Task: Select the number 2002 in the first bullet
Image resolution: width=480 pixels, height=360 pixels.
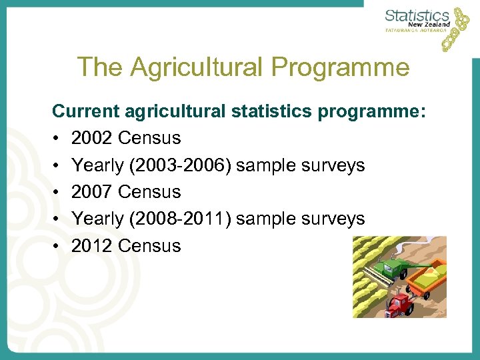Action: [92, 138]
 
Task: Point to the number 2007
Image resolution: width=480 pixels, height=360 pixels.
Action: [92, 192]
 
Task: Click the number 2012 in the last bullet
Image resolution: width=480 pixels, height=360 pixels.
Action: [92, 246]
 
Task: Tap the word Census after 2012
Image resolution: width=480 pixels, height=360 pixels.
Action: [149, 246]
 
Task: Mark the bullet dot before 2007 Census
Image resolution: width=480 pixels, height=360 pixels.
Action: [57, 192]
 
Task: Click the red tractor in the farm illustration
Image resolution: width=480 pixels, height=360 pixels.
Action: [400, 304]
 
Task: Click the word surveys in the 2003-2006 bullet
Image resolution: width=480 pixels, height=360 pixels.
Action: [333, 165]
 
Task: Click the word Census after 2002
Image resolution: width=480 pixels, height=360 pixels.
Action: [149, 138]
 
